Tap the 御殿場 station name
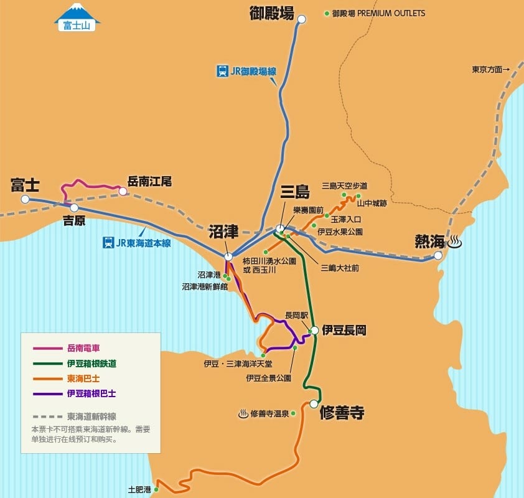[x=271, y=12]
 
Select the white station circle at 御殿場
[x=302, y=19]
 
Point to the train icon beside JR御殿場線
[x=222, y=71]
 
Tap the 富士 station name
[x=25, y=184]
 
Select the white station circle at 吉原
[x=74, y=208]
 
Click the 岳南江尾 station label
[x=149, y=182]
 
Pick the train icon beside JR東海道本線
[x=108, y=242]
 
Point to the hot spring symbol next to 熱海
[x=455, y=242]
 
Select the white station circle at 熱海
[x=438, y=255]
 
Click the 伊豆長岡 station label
[x=344, y=331]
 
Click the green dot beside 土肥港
[x=156, y=490]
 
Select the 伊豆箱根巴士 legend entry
[x=91, y=393]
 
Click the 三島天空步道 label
[x=344, y=186]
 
